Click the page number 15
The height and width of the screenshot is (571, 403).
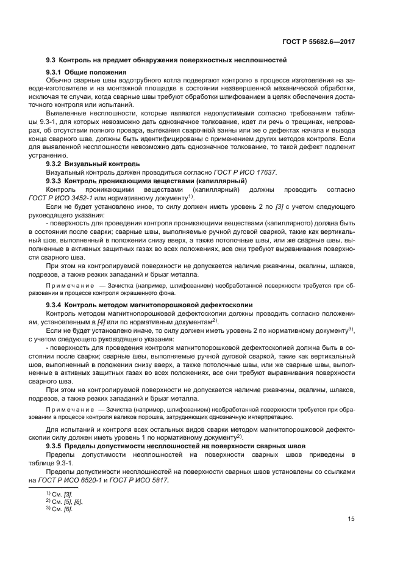(x=352, y=519)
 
